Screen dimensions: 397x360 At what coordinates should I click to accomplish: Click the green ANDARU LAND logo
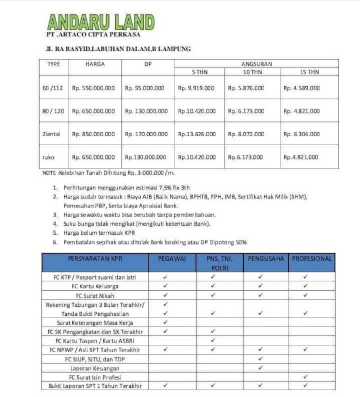(101, 22)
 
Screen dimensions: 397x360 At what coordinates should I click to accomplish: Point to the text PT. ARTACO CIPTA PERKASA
(91, 36)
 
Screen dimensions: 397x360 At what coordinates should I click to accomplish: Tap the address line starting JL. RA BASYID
(118, 49)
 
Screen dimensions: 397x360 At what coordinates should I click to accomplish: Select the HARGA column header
(95, 64)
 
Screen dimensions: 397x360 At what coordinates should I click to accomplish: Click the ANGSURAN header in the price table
(256, 64)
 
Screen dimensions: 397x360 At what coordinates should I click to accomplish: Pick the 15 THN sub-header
(310, 73)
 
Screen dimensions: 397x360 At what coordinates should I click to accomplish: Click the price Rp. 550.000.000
(94, 88)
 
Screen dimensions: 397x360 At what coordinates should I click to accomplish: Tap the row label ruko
(49, 157)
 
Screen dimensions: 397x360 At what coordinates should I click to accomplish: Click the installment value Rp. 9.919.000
(196, 88)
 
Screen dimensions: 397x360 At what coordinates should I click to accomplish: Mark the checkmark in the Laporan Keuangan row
(261, 368)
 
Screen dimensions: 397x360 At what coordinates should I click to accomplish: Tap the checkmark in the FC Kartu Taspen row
(212, 341)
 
